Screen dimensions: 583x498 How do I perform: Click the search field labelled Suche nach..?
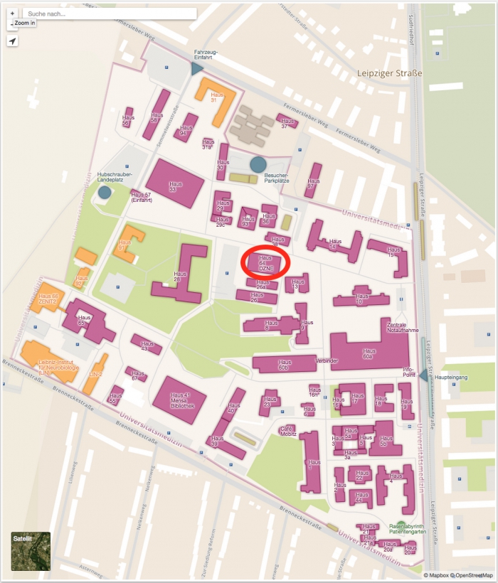(x=110, y=14)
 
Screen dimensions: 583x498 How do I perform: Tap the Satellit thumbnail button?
(x=31, y=551)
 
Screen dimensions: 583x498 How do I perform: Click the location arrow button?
(x=12, y=41)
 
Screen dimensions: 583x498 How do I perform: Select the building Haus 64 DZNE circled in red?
(x=266, y=263)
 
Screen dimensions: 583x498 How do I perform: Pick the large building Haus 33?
(x=175, y=183)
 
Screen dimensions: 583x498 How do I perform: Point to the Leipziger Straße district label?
(x=389, y=73)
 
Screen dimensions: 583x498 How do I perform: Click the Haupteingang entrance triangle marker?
(x=425, y=375)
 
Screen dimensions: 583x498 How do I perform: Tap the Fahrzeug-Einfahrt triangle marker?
(x=197, y=68)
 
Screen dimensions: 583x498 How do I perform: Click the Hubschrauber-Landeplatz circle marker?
(x=105, y=192)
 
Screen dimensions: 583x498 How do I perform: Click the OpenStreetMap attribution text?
(x=473, y=574)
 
